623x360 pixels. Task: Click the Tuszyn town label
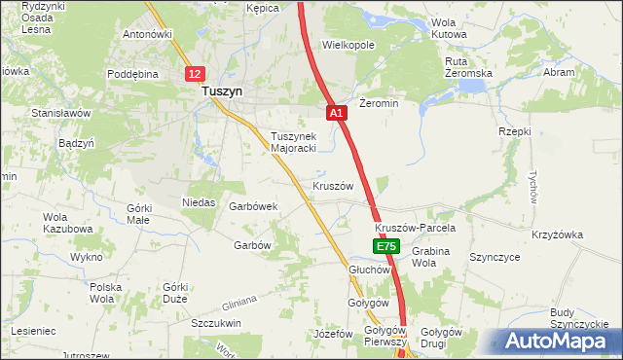[222, 91]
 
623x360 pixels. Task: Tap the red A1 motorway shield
[336, 114]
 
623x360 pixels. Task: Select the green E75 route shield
[385, 248]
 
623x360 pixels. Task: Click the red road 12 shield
[196, 74]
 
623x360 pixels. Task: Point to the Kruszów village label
[332, 185]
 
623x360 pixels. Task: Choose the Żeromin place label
[379, 103]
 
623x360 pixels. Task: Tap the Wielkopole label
[348, 45]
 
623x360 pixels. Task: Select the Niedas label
[199, 202]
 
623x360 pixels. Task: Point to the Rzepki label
[514, 131]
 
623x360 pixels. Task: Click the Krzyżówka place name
[557, 234]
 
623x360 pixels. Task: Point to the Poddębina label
[132, 74]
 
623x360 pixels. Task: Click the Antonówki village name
[147, 34]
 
